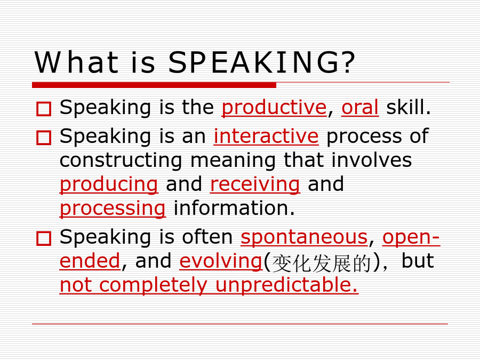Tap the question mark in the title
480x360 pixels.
[x=349, y=62]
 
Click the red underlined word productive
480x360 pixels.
[x=274, y=107]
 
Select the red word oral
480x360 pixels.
[x=360, y=107]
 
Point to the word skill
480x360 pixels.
[x=408, y=107]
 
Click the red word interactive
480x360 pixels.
[x=266, y=136]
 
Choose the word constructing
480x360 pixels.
[x=121, y=161]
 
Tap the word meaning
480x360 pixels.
[x=233, y=161]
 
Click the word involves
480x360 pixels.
[x=372, y=160]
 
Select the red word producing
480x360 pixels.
[x=109, y=185]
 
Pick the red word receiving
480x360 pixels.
[x=255, y=185]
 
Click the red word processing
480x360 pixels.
[x=113, y=209]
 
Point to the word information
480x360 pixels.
[x=234, y=208]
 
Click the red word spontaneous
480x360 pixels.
[x=304, y=237]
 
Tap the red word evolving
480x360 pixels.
[x=221, y=261]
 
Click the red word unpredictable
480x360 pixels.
[x=286, y=285]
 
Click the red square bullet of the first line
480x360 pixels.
[x=44, y=109]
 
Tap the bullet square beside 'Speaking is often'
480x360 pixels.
[x=44, y=238]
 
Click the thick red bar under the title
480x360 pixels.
[x=154, y=85]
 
